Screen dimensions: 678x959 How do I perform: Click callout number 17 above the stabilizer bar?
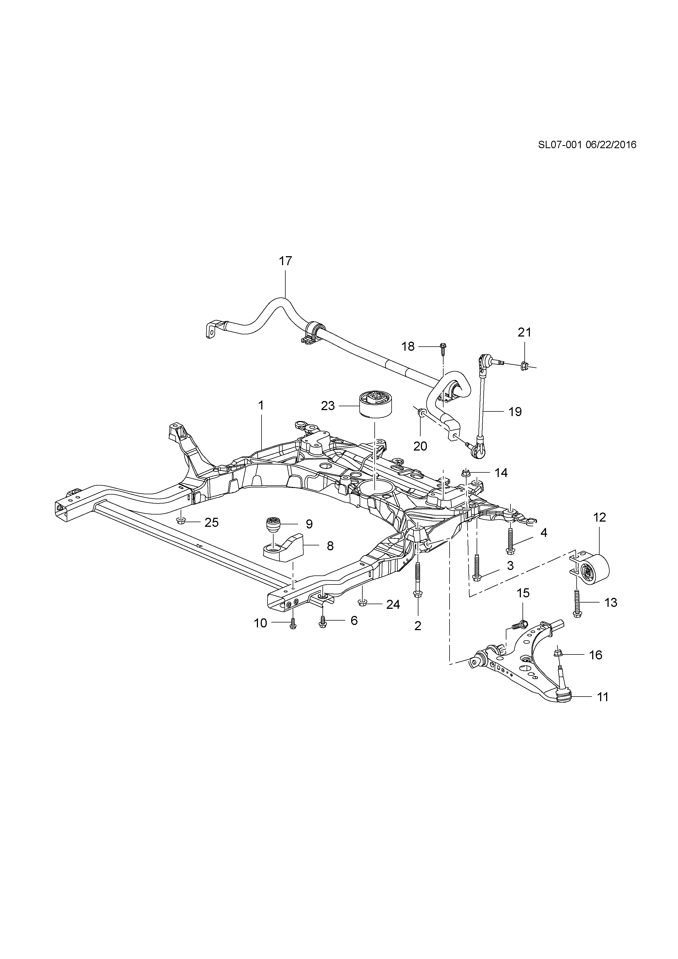pos(286,261)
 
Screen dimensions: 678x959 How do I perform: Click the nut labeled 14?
pos(466,472)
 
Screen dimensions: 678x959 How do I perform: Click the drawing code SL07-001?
pos(559,145)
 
